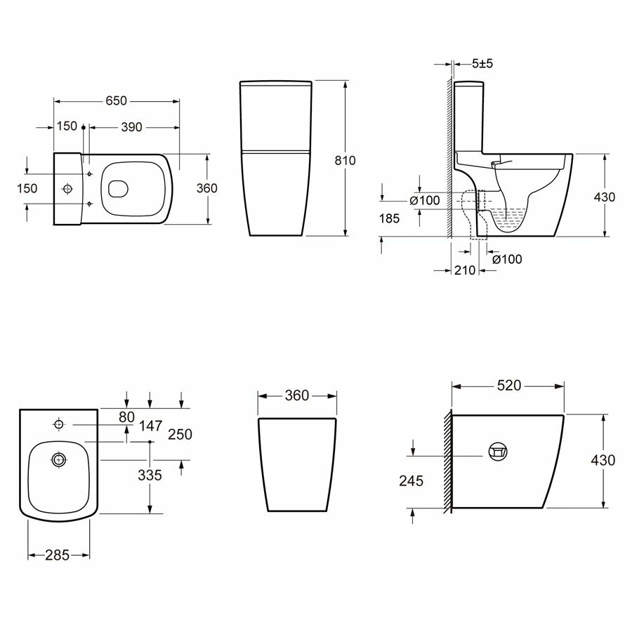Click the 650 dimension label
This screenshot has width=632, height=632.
(x=116, y=100)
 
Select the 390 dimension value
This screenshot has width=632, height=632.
(x=131, y=127)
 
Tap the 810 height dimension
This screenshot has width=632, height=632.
(x=345, y=160)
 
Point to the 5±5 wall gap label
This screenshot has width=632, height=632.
(x=482, y=64)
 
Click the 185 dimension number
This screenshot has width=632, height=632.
(x=389, y=218)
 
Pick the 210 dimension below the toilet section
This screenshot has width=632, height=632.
(x=465, y=270)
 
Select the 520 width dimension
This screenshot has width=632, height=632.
(x=509, y=386)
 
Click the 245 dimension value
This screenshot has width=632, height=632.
(x=411, y=480)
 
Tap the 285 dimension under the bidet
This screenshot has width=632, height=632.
(x=58, y=555)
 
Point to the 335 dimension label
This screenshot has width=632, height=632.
(x=150, y=475)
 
